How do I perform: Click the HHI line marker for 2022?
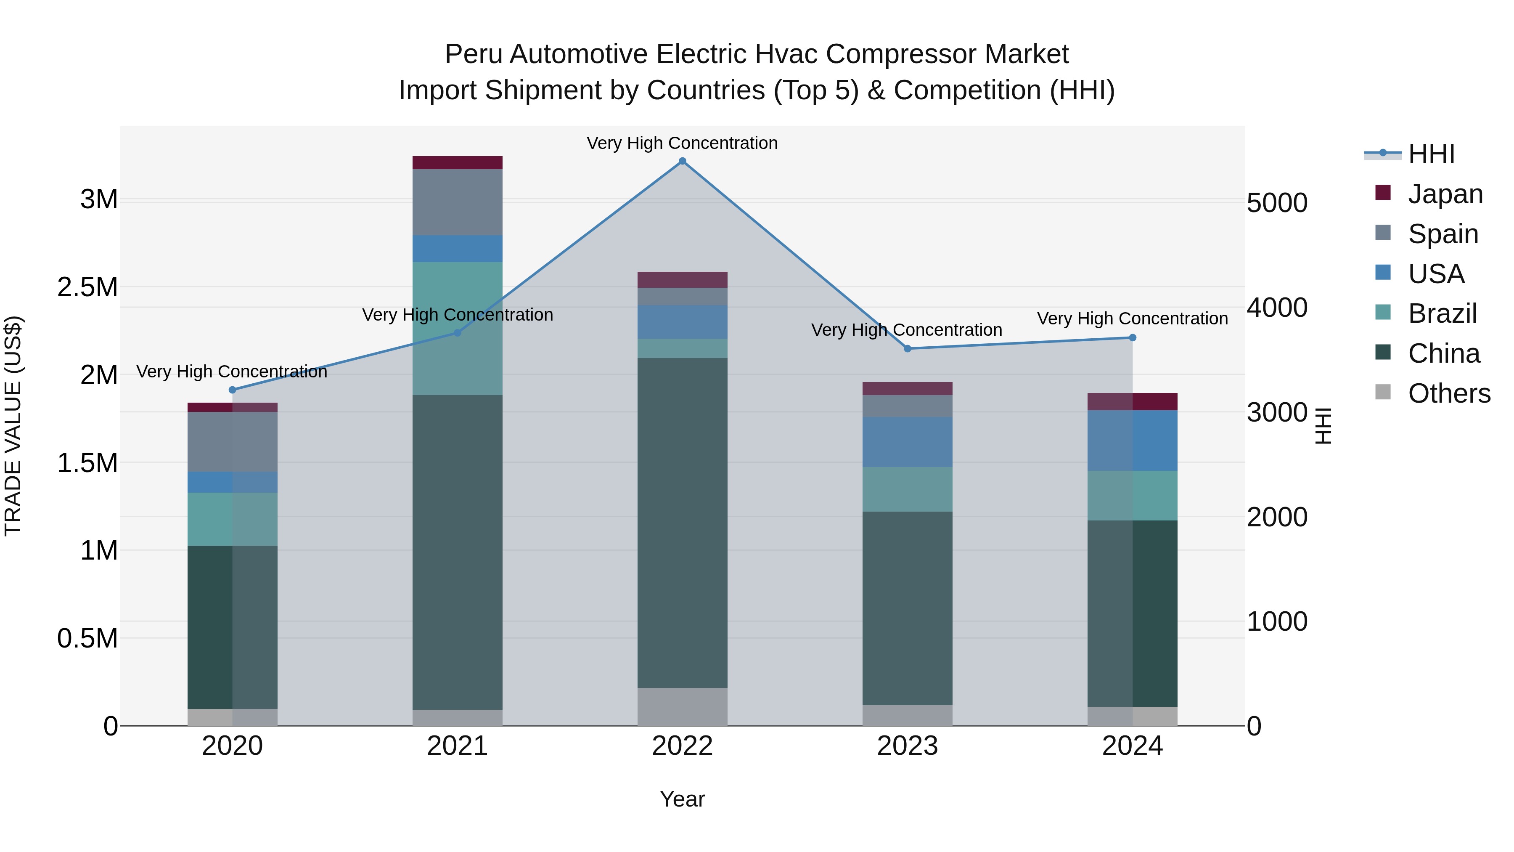[x=683, y=161]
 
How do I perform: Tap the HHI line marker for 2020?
[x=232, y=390]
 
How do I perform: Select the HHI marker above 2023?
[x=908, y=349]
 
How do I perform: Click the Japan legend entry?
[x=1445, y=194]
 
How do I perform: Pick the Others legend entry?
[x=1449, y=393]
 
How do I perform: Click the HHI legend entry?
[x=1431, y=154]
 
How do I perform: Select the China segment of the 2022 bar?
[x=683, y=523]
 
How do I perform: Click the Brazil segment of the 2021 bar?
[x=457, y=328]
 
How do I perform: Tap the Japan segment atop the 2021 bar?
[x=457, y=163]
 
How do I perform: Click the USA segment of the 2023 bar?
[x=908, y=442]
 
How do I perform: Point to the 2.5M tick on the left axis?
[x=87, y=287]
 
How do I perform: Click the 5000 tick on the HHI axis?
[x=1276, y=204]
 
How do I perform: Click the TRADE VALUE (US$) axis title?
[x=13, y=426]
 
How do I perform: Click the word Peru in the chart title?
[x=474, y=55]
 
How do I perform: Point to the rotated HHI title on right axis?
[x=1323, y=426]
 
